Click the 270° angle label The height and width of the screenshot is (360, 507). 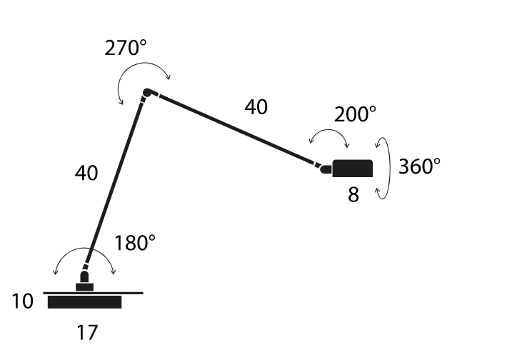coord(126,48)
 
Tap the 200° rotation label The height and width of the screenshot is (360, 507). coord(355,114)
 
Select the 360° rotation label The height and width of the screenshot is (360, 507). coord(419,166)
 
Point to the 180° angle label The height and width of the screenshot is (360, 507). coord(135,243)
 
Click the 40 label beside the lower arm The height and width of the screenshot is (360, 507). coord(86,173)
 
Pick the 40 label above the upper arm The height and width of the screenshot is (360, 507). coord(256,106)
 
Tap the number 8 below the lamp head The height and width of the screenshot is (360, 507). coord(353,195)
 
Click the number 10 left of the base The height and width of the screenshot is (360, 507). coord(22,301)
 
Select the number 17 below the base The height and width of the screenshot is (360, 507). coord(87,333)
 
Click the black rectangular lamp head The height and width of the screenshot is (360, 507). coord(353,168)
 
